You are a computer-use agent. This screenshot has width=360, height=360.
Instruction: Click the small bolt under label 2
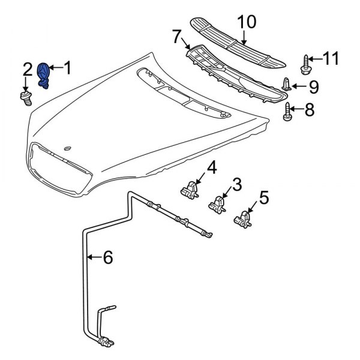tap(26, 97)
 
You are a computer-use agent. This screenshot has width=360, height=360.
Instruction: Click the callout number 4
tap(211, 166)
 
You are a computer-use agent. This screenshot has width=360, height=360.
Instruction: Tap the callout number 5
tap(265, 196)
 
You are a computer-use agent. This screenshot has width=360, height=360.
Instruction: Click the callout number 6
tap(107, 257)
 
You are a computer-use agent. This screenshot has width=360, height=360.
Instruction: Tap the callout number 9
tap(314, 87)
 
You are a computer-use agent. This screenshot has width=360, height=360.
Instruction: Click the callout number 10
tap(245, 23)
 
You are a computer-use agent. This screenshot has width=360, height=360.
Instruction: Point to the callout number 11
tap(331, 59)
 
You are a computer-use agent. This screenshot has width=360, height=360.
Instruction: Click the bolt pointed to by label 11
tap(306, 64)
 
